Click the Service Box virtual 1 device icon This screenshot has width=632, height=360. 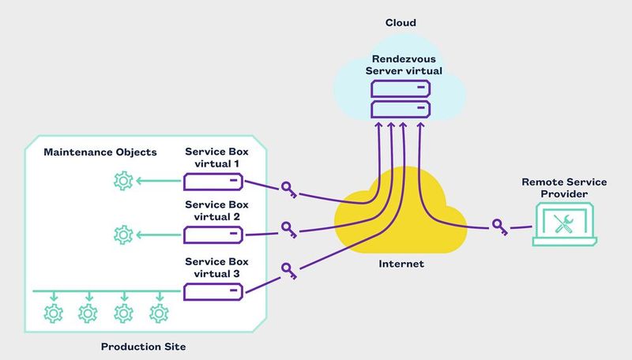[x=213, y=182]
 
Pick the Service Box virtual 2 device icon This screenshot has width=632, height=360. [x=213, y=234]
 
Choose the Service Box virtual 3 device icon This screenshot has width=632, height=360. [x=213, y=292]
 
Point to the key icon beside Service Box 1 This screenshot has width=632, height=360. [x=289, y=189]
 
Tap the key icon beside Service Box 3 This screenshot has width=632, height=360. [x=289, y=271]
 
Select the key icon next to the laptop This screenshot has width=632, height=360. [x=499, y=226]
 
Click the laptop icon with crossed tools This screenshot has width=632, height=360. [x=563, y=224]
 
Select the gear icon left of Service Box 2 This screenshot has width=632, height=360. [x=122, y=234]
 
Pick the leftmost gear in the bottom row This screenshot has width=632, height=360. [x=54, y=313]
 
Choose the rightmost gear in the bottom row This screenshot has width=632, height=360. [x=160, y=313]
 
